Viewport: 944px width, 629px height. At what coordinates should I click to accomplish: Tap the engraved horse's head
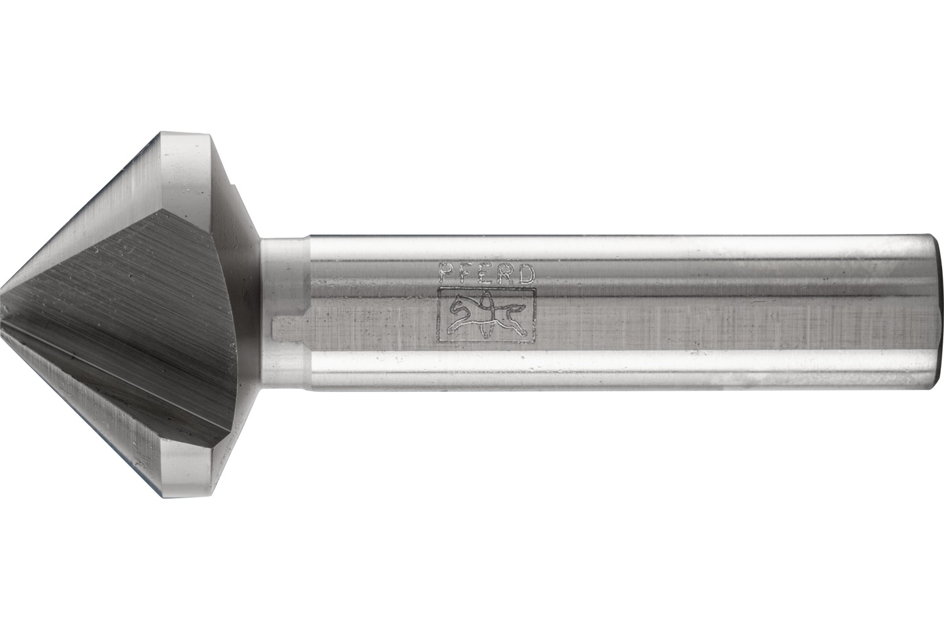click(456, 306)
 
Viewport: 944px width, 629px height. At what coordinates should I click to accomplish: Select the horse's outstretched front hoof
click(451, 328)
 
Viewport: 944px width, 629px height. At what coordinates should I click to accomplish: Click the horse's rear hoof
click(517, 328)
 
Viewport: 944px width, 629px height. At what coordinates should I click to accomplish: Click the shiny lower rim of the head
click(189, 469)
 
